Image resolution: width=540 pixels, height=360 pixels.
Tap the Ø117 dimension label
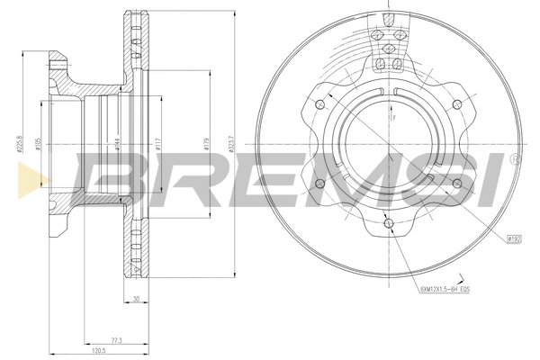click(x=157, y=143)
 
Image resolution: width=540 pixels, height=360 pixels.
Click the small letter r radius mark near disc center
click(x=392, y=116)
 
